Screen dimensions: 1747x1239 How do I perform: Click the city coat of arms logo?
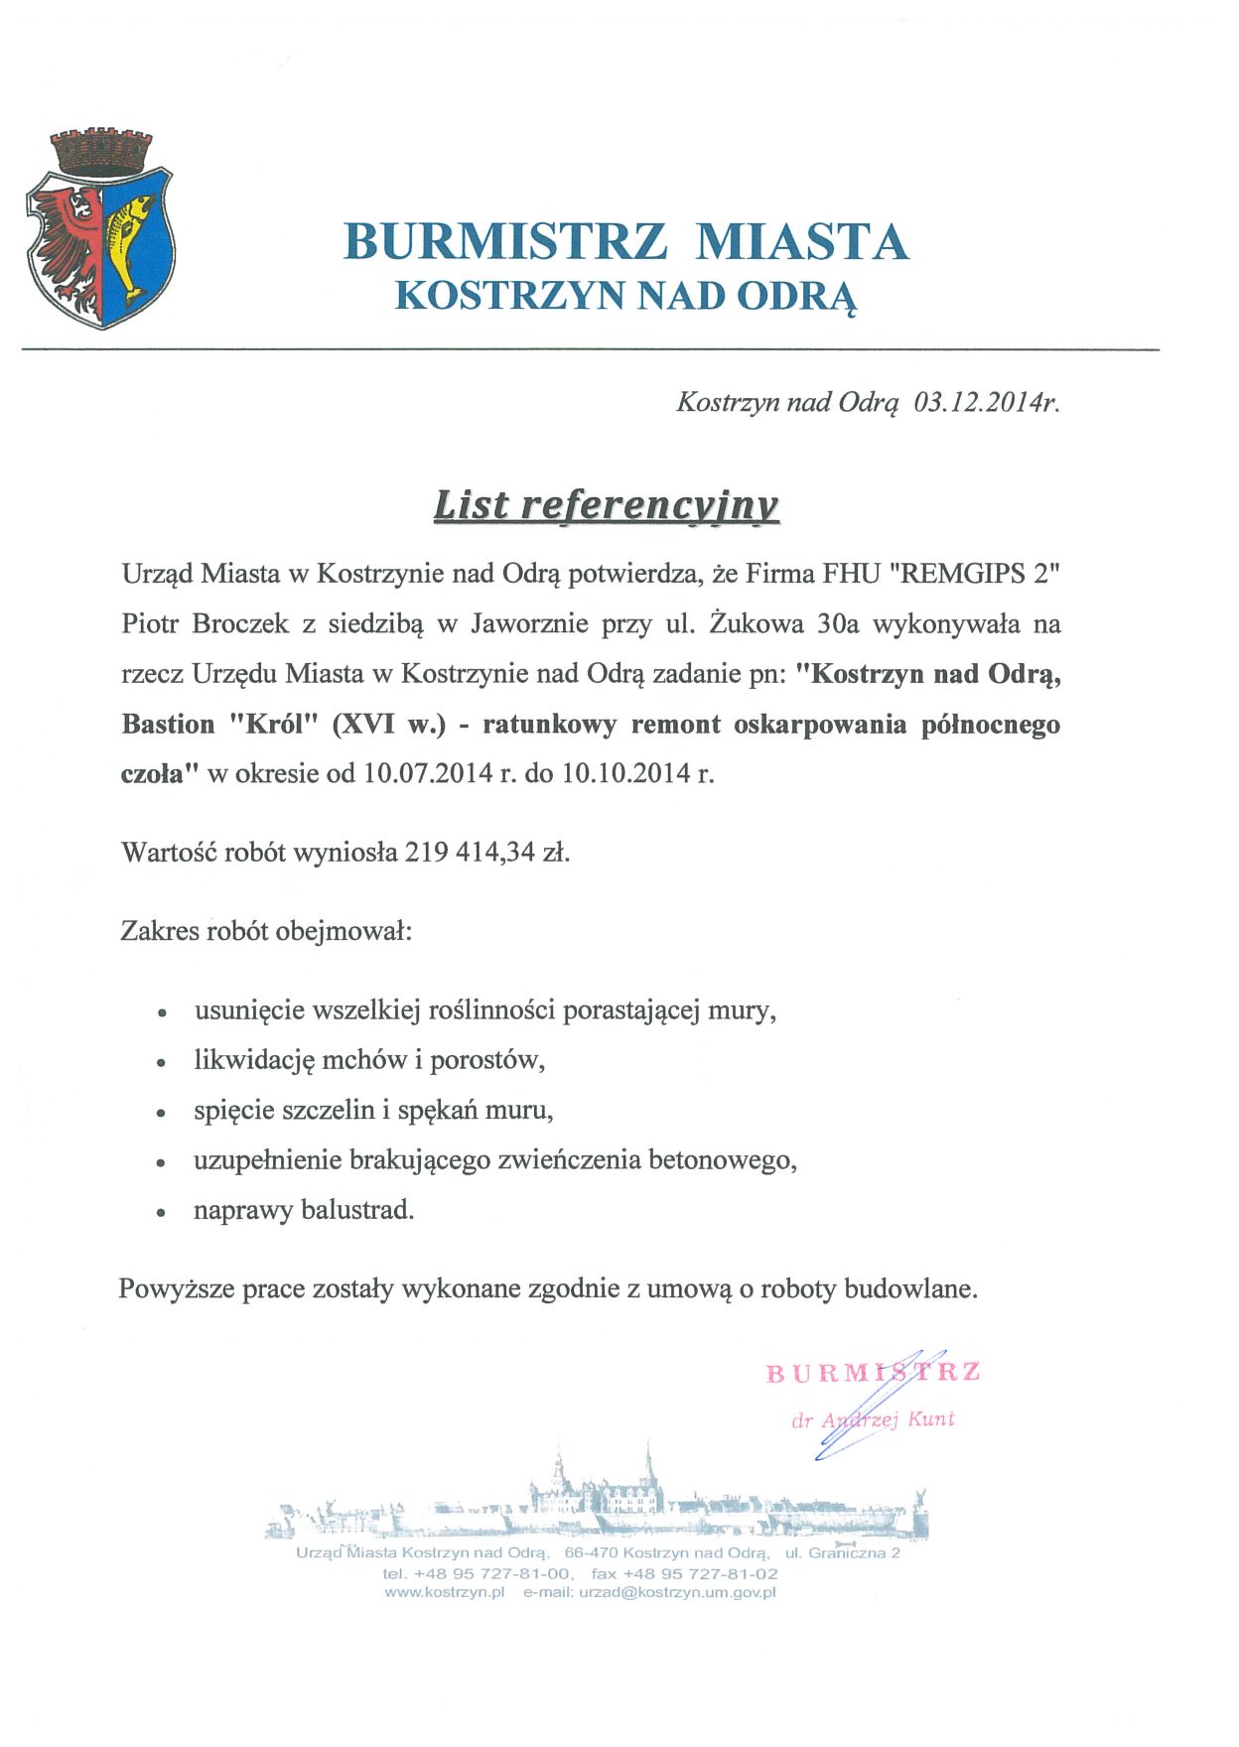click(99, 228)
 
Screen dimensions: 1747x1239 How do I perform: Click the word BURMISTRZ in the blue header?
click(504, 241)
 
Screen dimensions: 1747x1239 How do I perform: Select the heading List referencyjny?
click(606, 505)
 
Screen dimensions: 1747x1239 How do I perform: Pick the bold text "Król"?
click(271, 724)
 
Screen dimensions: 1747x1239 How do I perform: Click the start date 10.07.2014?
click(428, 773)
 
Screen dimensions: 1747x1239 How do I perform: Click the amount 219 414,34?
click(470, 852)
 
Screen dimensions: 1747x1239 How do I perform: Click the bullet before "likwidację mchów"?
click(161, 1062)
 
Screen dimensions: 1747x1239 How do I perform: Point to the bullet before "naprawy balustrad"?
click(161, 1212)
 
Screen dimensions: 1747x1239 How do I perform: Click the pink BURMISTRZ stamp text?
click(874, 1373)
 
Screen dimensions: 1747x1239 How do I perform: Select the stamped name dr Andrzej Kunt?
click(873, 1419)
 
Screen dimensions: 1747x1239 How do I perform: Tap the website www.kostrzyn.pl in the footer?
click(445, 1592)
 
